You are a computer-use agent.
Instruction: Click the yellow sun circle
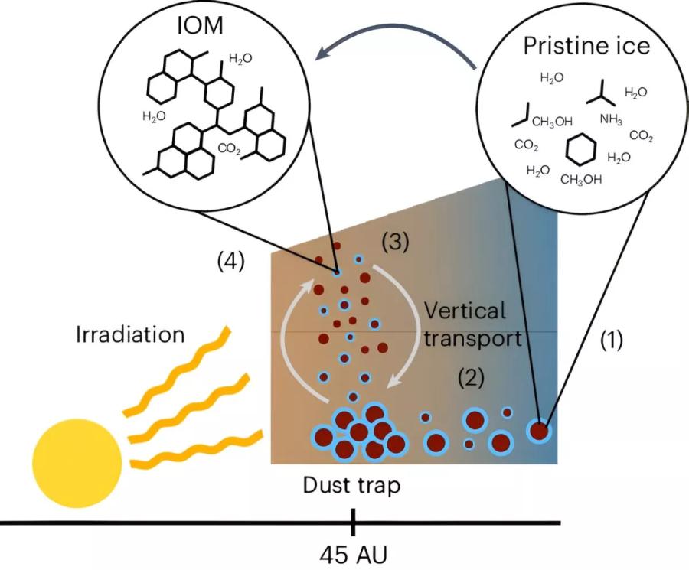point(78,464)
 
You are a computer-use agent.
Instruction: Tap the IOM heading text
point(200,26)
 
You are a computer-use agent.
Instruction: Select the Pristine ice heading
point(586,45)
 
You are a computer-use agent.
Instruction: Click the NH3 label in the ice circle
point(611,119)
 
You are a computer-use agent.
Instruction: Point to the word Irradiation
point(130,334)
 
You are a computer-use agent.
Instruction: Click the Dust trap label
point(351,486)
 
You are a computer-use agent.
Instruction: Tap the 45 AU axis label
point(353,555)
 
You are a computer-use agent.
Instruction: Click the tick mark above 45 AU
point(353,523)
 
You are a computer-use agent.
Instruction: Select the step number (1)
point(612,340)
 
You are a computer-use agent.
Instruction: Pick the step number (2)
point(471,378)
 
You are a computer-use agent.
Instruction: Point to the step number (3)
point(395,242)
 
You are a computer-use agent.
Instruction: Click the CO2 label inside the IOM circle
point(230,149)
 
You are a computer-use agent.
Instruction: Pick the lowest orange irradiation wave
point(198,449)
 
